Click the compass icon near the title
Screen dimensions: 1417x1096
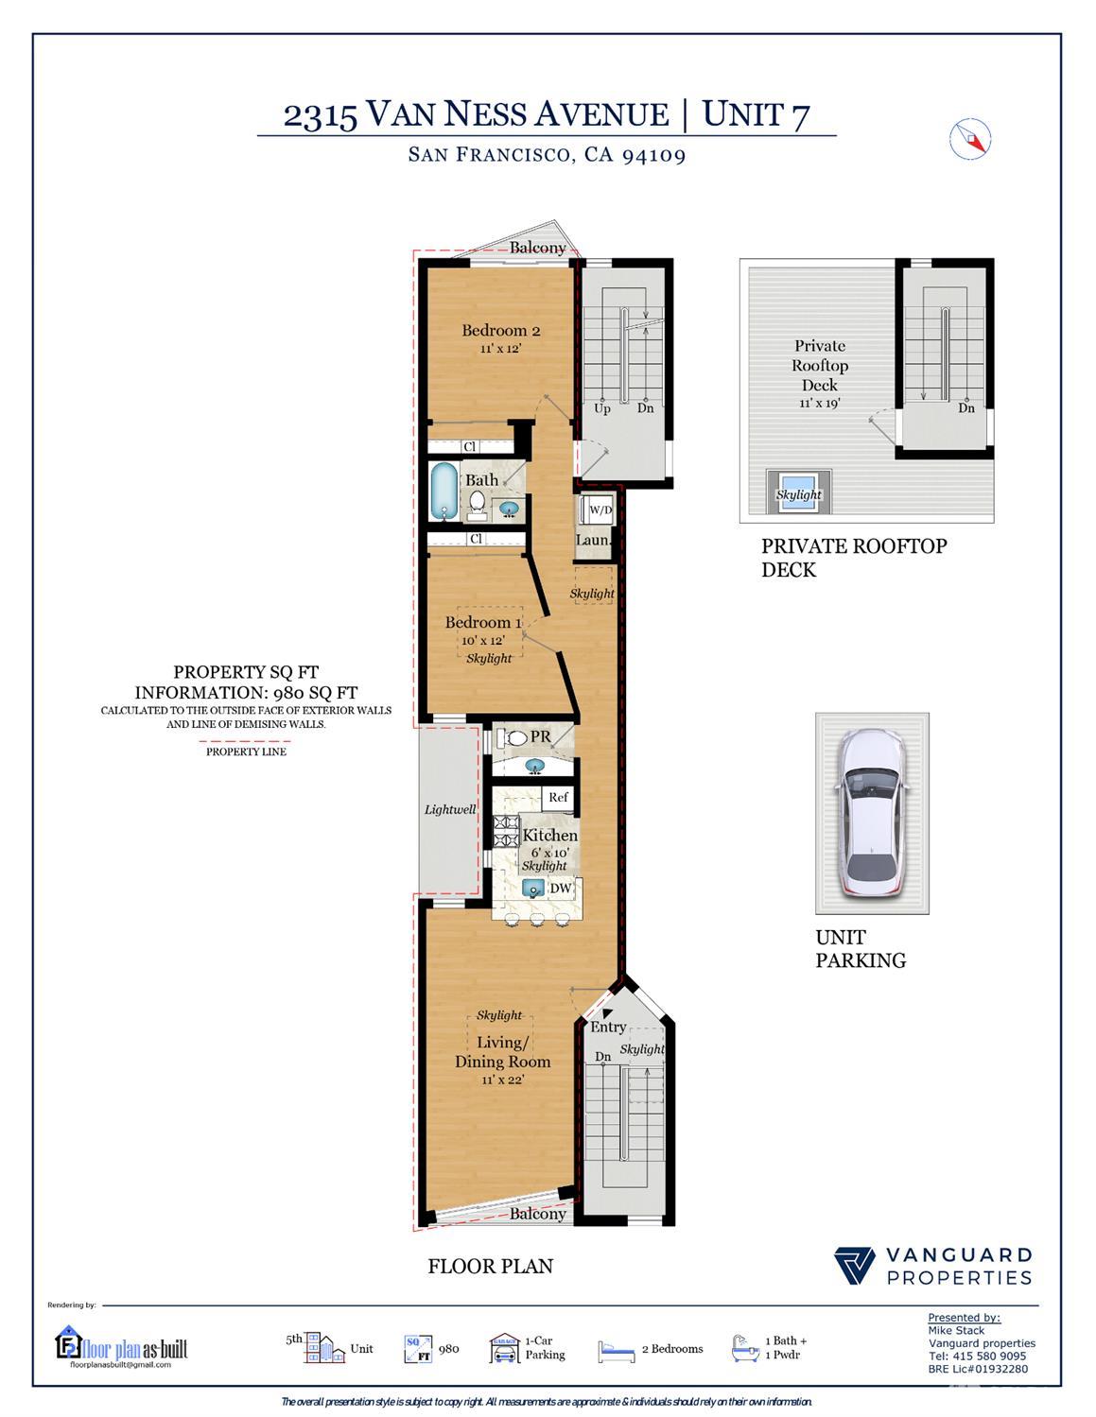pos(969,138)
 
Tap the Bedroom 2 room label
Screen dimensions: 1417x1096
pos(500,331)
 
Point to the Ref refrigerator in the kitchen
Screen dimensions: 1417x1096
pos(559,798)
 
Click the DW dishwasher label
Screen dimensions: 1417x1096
pos(561,889)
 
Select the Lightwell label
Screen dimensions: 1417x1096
pos(450,810)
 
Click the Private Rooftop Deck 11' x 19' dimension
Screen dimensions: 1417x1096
pos(819,404)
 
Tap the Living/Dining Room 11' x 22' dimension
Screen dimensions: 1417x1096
pos(502,1080)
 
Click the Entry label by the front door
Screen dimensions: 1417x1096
pos(608,1027)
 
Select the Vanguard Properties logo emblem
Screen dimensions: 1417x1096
pos(855,1266)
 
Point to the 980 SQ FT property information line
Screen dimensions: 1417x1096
pos(246,692)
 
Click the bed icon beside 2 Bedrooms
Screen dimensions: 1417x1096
pos(617,1351)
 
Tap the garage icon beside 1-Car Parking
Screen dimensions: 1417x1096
pos(504,1349)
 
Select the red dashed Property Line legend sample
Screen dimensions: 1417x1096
pos(246,740)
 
